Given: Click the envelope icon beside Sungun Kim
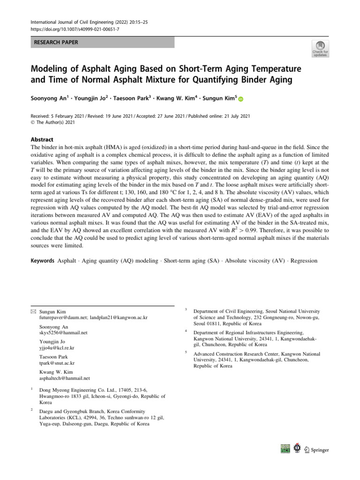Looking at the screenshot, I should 33,311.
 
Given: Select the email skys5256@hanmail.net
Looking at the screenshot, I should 64,332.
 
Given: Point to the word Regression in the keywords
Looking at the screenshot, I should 304,260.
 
